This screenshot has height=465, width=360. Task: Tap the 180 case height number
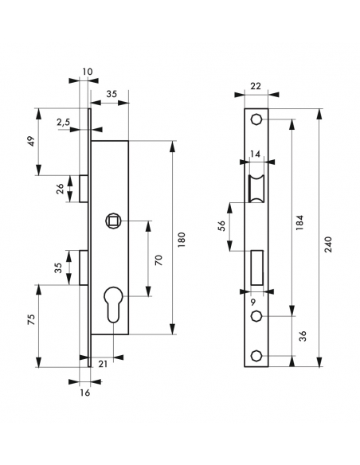tap(182, 238)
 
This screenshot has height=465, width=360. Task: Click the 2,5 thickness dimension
tap(62, 123)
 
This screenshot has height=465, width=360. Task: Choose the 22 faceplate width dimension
tap(256, 86)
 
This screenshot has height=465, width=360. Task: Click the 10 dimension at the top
tap(87, 72)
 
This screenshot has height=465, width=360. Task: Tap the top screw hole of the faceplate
tap(256, 119)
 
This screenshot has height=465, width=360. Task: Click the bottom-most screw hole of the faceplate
tap(256, 355)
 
